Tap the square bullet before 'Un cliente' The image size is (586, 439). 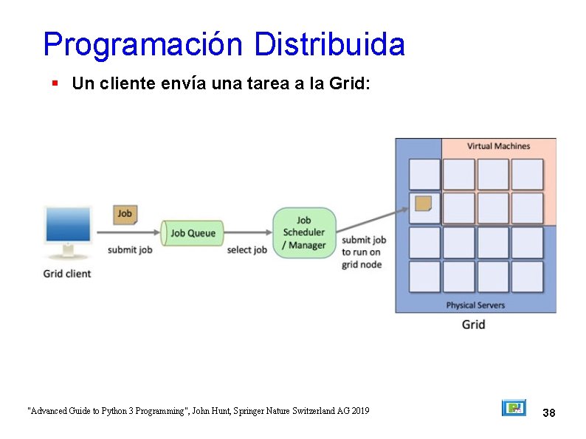(x=55, y=83)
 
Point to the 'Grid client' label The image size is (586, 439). (x=67, y=274)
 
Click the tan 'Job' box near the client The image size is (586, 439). (x=125, y=214)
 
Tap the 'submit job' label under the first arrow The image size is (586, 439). (x=130, y=250)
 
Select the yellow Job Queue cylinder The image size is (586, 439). (x=192, y=233)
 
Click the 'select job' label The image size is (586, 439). (x=247, y=250)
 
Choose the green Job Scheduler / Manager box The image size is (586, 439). (x=304, y=232)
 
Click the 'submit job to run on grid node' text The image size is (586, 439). (x=363, y=252)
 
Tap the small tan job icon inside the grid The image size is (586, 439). (x=424, y=204)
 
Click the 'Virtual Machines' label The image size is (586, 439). (x=498, y=146)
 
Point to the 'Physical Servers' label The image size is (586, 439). (x=475, y=305)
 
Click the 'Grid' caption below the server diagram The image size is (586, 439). (x=473, y=325)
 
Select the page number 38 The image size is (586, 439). (x=548, y=412)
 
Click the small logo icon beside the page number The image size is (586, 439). (x=514, y=407)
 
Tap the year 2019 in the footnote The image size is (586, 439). (x=359, y=411)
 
